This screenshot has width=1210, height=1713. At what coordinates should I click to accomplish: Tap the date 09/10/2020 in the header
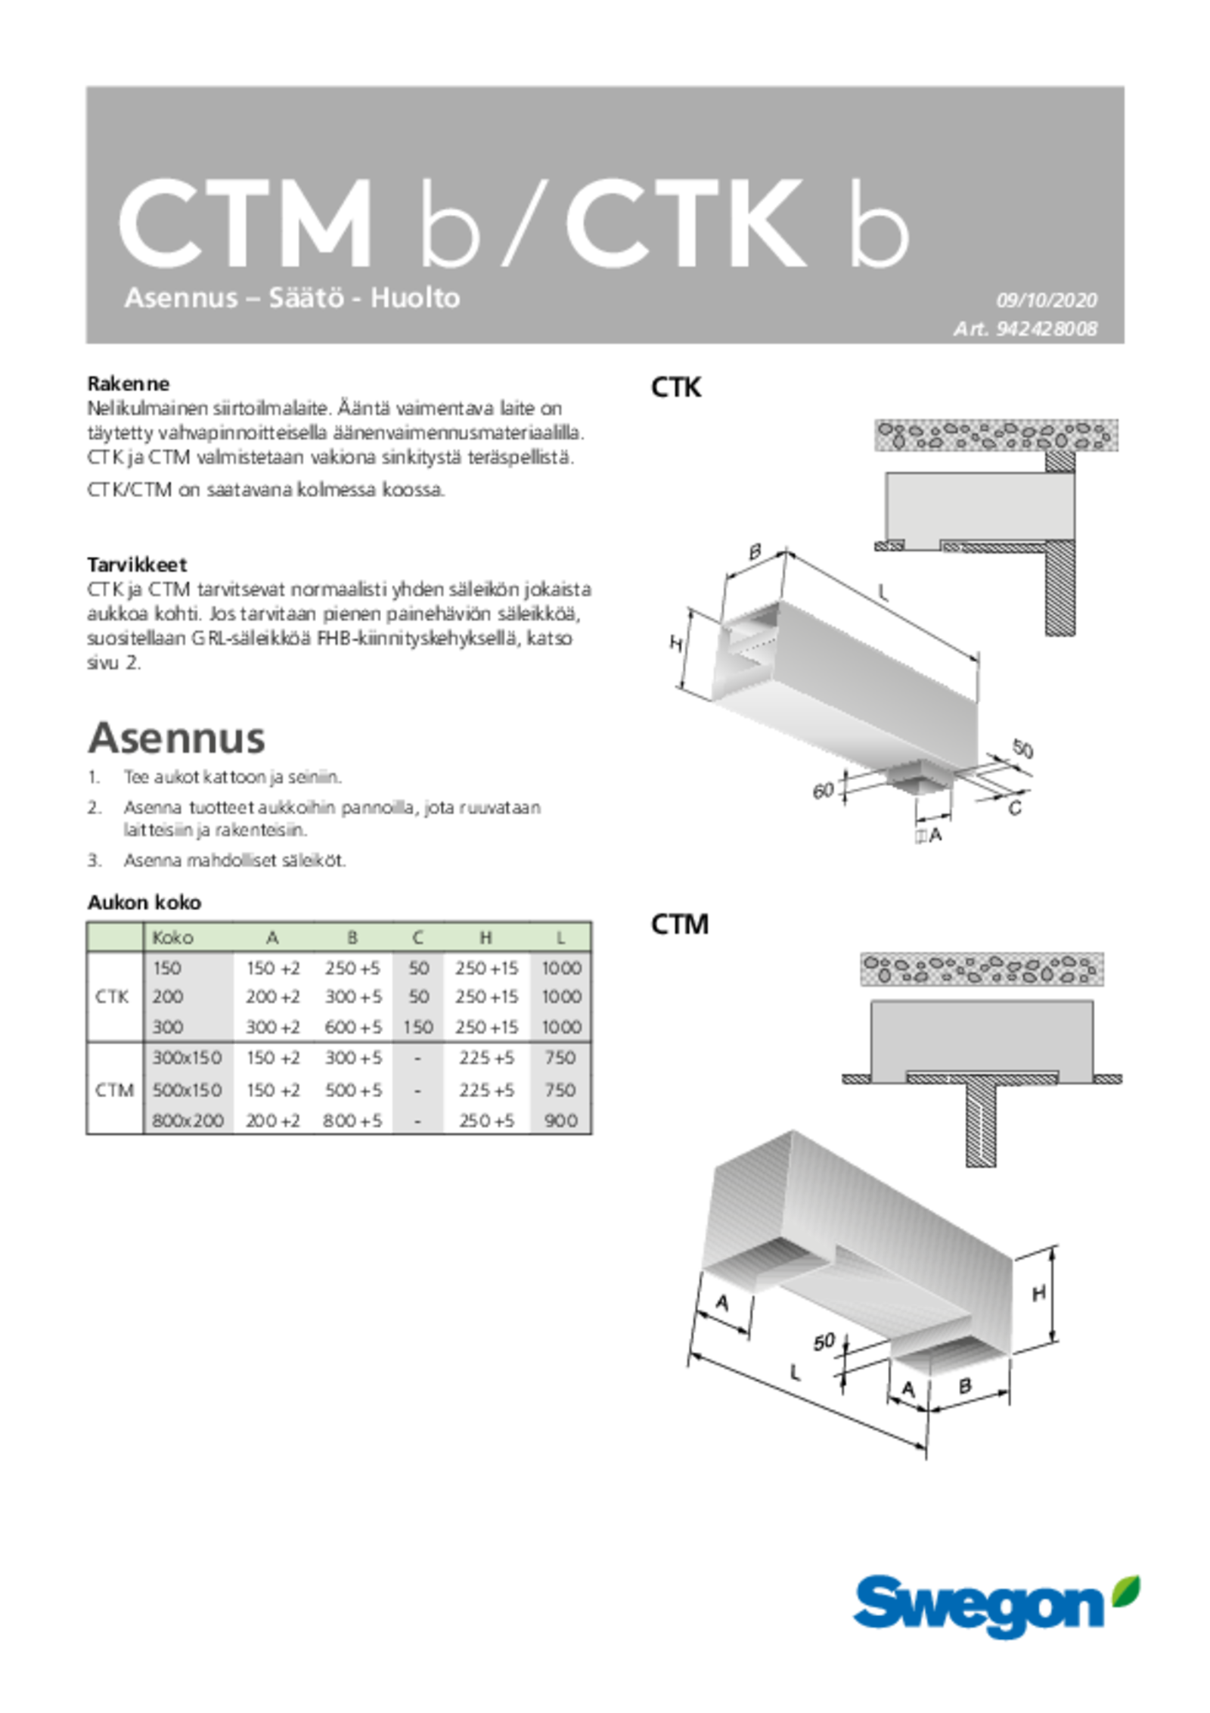click(x=1046, y=300)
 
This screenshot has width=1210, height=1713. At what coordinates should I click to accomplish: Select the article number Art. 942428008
click(x=1025, y=329)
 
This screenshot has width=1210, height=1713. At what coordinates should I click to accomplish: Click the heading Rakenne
click(x=128, y=383)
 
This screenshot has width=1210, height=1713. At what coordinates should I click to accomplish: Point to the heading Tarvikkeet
click(x=136, y=564)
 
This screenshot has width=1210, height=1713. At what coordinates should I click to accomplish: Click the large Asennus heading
click(x=176, y=737)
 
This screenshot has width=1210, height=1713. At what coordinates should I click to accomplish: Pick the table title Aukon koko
click(x=144, y=903)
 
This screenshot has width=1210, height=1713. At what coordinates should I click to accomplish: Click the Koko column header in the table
click(x=172, y=938)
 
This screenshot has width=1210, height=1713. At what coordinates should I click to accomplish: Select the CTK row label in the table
click(x=112, y=997)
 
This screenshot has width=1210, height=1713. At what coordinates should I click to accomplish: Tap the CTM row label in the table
click(x=114, y=1090)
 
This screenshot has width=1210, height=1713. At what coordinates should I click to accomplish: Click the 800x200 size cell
click(x=188, y=1121)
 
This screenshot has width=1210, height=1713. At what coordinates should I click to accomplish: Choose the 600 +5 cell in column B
click(x=353, y=1027)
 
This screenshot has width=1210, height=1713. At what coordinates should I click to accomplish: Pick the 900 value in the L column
click(x=560, y=1121)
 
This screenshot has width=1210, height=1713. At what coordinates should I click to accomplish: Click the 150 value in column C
click(x=417, y=1027)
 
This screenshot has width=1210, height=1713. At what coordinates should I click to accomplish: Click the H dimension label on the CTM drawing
click(x=1039, y=1293)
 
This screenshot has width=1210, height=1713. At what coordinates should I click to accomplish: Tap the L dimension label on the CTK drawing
click(x=883, y=592)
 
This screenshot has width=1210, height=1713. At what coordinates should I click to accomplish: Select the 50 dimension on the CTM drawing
click(x=824, y=1342)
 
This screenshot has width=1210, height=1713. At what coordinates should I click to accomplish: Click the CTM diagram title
click(x=679, y=925)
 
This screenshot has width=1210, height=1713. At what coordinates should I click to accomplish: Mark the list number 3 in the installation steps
click(x=94, y=860)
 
